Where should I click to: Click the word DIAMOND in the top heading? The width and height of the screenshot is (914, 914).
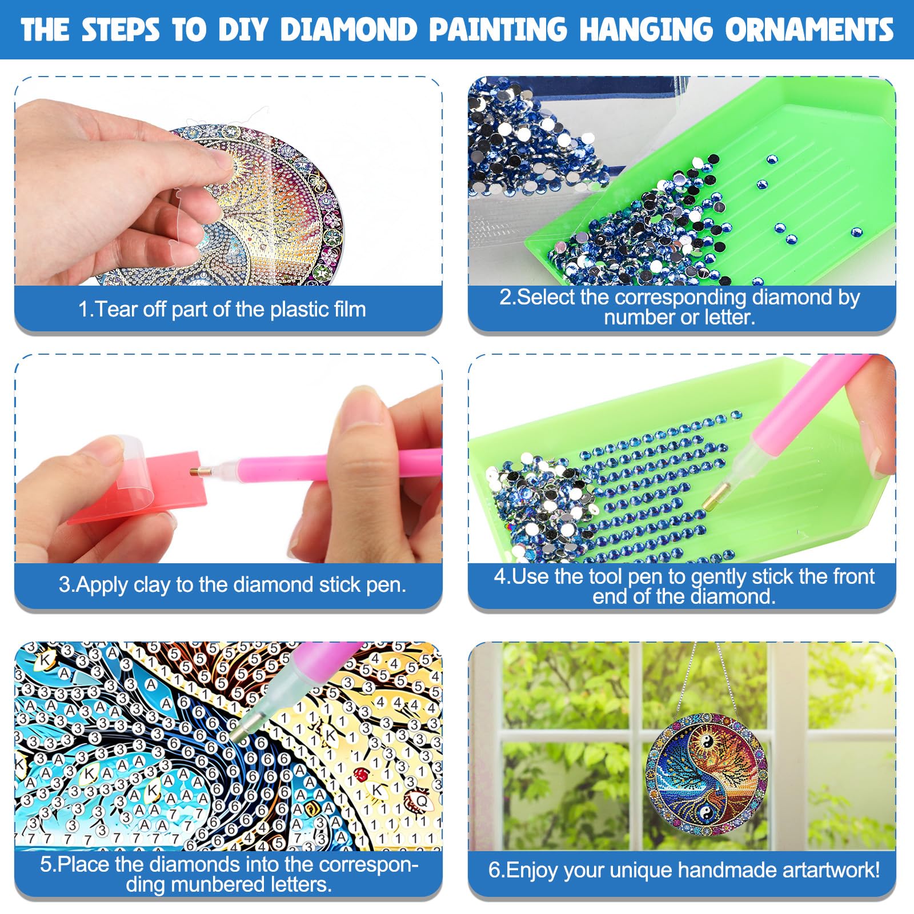(x=349, y=30)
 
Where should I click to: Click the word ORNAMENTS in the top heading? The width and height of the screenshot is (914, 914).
(x=809, y=30)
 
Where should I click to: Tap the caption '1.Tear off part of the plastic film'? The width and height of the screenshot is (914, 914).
(x=222, y=309)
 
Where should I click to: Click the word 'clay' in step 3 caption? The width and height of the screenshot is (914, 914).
(x=152, y=584)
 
